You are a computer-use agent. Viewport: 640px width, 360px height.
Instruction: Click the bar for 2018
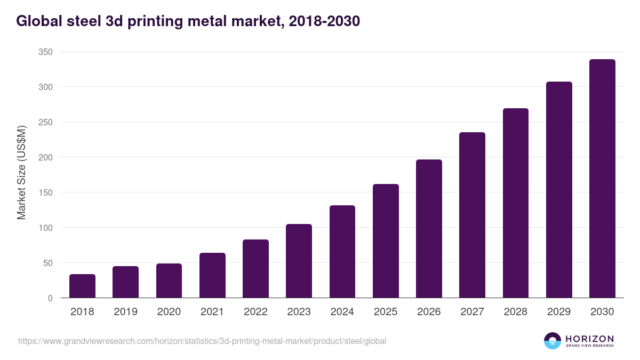82,286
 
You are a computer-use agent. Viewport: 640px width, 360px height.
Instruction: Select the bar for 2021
212,275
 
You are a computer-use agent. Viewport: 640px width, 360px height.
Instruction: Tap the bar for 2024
342,252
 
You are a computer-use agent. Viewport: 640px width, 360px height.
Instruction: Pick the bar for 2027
472,215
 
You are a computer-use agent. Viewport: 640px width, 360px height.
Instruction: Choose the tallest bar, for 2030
602,179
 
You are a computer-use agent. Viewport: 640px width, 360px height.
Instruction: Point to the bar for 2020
169,281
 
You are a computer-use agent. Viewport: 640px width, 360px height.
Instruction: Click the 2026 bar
429,229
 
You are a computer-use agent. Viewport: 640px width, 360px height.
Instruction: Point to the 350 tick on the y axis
46,52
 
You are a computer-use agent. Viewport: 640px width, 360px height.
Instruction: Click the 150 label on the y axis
46,193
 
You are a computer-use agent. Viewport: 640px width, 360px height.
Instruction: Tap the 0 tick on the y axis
50,298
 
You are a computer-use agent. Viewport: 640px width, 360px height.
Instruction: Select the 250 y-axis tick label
46,122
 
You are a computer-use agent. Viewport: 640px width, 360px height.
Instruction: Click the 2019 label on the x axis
125,312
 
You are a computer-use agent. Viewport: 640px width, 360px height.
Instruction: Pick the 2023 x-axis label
299,312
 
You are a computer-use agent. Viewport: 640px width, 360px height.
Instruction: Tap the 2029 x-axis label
559,312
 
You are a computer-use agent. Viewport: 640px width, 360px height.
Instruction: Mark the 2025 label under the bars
386,312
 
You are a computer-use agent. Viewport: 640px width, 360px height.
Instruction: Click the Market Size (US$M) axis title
21,173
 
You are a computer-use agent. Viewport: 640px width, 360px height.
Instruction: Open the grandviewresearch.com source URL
202,341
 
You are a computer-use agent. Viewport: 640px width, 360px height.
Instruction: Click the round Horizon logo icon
553,341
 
